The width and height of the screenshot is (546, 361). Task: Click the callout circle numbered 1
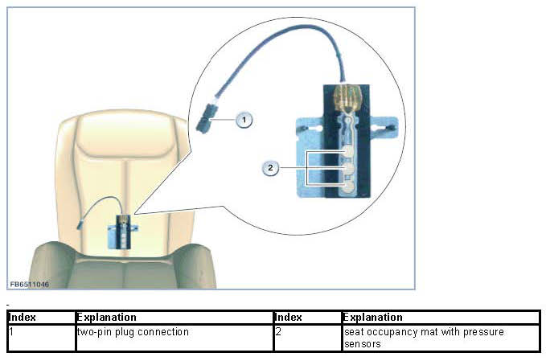pyautogui.click(x=244, y=119)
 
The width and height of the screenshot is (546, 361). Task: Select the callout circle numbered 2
pyautogui.click(x=271, y=167)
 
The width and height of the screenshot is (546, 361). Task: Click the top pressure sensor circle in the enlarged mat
pyautogui.click(x=348, y=150)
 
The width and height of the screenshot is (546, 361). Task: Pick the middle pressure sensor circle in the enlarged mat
pyautogui.click(x=348, y=169)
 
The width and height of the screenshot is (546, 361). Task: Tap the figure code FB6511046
pyautogui.click(x=29, y=285)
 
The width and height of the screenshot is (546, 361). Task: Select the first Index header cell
pyautogui.click(x=40, y=318)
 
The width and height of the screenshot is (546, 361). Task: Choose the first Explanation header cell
pyautogui.click(x=174, y=318)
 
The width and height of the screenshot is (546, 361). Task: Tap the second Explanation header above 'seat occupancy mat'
pyautogui.click(x=440, y=318)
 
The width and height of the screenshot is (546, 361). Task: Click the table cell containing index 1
pyautogui.click(x=40, y=338)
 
